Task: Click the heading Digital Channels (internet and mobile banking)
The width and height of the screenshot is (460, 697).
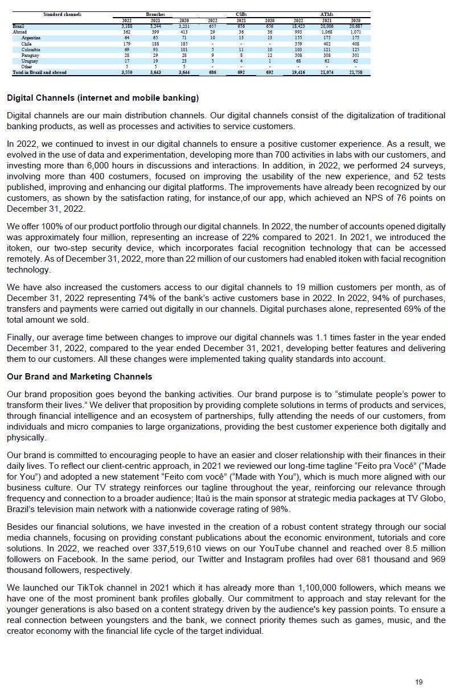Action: (102, 98)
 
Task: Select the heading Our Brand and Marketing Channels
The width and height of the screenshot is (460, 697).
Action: (79, 377)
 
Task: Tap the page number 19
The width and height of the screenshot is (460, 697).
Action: (419, 682)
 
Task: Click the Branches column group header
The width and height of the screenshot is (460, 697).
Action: (155, 14)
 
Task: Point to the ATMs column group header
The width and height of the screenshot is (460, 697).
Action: (327, 14)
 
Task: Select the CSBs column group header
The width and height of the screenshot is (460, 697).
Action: (241, 14)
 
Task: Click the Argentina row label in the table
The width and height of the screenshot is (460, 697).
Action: (31, 38)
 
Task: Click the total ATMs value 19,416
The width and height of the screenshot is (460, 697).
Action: (298, 73)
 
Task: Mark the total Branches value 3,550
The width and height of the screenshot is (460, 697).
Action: (126, 73)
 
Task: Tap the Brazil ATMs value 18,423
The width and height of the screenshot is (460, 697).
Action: (298, 26)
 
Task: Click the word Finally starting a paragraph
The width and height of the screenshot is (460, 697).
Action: (21, 337)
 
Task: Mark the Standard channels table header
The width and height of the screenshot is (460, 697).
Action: (63, 14)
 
